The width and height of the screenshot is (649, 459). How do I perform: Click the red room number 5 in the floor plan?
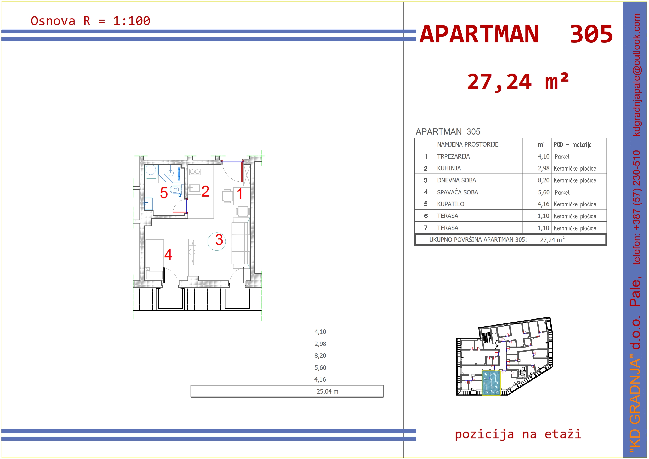(164, 193)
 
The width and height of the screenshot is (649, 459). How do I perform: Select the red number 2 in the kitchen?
(206, 192)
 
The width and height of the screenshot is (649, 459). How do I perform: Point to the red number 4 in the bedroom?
(168, 255)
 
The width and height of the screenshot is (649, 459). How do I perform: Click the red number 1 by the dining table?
(240, 194)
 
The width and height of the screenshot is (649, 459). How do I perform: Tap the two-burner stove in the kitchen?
(195, 172)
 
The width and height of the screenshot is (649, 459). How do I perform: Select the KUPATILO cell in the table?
(450, 204)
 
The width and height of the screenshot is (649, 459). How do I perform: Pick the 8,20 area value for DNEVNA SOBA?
(543, 180)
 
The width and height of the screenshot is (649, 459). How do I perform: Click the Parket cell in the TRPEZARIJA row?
(562, 157)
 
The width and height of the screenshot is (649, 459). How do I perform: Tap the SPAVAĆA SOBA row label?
(457, 192)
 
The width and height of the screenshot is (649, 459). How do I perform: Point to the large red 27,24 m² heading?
(518, 82)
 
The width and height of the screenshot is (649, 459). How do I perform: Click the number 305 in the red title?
(591, 34)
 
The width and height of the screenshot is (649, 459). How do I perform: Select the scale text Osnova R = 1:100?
(91, 21)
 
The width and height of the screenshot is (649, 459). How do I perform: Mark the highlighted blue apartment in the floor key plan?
(491, 383)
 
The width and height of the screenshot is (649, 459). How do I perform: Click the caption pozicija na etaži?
(518, 434)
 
